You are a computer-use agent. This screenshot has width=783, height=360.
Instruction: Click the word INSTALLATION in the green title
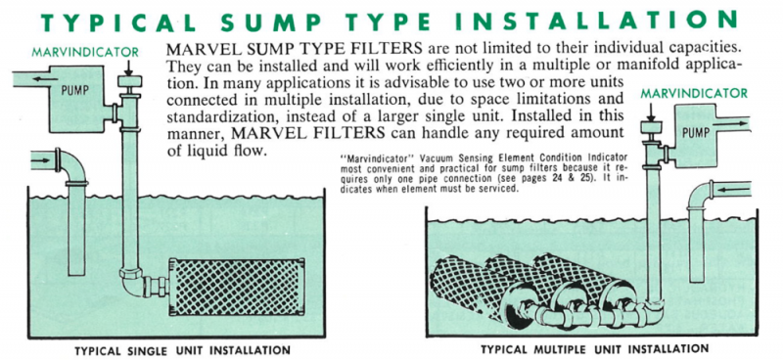pos(597,21)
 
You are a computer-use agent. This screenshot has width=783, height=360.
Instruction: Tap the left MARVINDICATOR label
pos(85,52)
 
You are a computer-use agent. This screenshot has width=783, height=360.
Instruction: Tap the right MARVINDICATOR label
pos(694,93)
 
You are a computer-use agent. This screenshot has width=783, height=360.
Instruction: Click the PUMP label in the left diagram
pos(75,91)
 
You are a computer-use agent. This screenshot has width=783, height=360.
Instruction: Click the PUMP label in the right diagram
pos(696,133)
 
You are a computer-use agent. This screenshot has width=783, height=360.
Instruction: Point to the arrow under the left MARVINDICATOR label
pos(129,67)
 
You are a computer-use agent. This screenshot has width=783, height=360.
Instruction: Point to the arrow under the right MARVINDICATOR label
pos(651,111)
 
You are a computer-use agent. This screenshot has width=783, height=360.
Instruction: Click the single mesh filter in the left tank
pos(237,286)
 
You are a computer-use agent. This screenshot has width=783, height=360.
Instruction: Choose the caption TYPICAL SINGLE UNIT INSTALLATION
pos(182,350)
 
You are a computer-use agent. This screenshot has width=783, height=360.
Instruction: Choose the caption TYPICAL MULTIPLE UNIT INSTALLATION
pos(594,349)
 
